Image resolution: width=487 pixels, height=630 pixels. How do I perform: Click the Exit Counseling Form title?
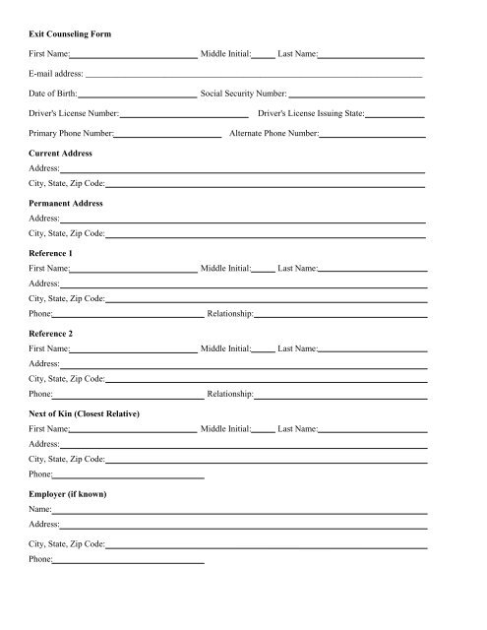click(x=70, y=33)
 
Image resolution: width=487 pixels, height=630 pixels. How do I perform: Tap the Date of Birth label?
click(x=57, y=94)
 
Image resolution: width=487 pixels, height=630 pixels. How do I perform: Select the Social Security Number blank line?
click(x=356, y=96)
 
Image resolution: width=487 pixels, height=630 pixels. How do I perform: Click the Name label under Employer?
click(x=40, y=510)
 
